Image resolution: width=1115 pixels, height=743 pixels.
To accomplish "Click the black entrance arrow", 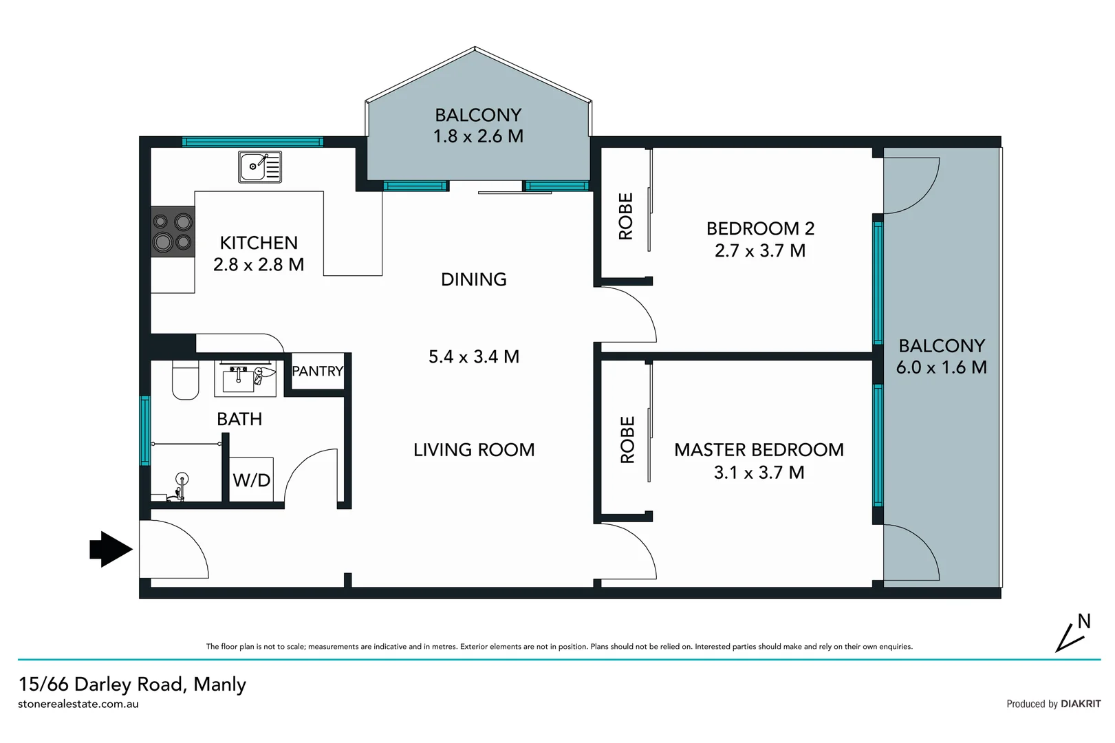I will point(111,549).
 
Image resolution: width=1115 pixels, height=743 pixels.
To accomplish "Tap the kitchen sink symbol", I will point(259,166).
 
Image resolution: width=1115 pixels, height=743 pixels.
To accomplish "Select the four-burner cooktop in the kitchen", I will point(173,232).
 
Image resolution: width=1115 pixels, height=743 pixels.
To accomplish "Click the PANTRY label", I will point(317,371).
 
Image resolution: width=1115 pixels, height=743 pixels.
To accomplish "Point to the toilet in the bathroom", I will point(185,380).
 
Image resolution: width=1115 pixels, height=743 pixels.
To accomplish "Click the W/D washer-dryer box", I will point(251,480).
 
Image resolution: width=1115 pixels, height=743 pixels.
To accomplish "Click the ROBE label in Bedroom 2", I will point(626,216).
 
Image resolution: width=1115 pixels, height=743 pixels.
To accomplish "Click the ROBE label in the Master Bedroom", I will point(627,440).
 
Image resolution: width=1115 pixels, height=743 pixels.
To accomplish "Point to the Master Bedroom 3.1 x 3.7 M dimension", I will point(759,473).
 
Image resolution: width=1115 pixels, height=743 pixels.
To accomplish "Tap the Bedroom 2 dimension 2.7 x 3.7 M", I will point(759,250).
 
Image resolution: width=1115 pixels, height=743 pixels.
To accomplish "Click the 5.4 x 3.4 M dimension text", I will point(473,356).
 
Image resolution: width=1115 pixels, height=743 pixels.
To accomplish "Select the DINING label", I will point(473,279).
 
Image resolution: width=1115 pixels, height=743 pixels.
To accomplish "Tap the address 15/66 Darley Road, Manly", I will point(132,684).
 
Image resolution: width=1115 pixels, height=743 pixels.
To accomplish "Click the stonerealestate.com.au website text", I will point(78,704).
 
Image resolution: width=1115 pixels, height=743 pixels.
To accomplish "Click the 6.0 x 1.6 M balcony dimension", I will point(941,367).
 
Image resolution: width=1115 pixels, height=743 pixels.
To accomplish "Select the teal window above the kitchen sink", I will point(252,142).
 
